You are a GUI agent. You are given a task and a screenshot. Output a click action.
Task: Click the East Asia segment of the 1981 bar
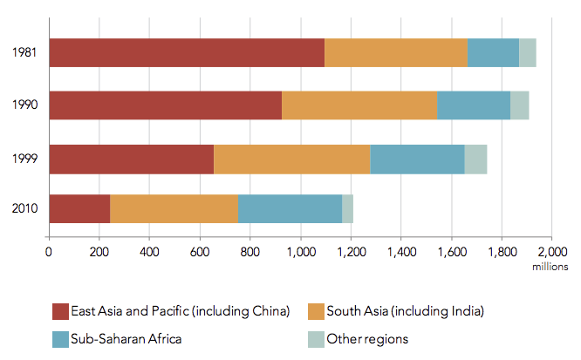[187, 53]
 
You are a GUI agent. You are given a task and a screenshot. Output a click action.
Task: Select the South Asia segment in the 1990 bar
[359, 105]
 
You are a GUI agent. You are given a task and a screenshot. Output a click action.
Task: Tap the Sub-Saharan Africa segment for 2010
[290, 209]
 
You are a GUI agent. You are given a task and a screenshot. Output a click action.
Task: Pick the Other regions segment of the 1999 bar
[475, 160]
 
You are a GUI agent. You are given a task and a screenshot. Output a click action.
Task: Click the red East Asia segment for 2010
[79, 209]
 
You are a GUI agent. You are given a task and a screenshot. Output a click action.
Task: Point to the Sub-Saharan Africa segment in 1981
[493, 53]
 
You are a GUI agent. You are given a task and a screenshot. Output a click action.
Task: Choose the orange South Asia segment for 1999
[291, 160]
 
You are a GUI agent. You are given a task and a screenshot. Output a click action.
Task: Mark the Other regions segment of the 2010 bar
[347, 209]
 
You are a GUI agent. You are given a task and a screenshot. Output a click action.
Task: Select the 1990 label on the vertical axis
[24, 105]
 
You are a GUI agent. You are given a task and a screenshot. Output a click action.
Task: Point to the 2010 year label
[24, 209]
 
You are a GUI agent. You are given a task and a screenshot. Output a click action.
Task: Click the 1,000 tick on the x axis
[301, 253]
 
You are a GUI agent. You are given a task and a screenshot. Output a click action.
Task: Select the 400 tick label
[149, 253]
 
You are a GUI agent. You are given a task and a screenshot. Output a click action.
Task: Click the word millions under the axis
[550, 267]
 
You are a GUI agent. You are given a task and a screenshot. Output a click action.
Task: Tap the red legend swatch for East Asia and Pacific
[60, 311]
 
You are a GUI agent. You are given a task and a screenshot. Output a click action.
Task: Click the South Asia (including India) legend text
[404, 311]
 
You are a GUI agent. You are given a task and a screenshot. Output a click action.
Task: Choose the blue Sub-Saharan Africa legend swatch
[60, 338]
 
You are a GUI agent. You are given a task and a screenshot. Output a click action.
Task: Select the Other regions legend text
[367, 338]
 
